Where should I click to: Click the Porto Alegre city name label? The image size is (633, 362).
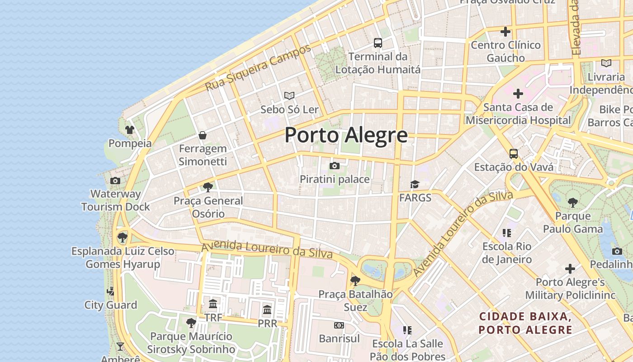346,135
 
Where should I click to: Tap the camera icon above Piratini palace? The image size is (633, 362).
335,166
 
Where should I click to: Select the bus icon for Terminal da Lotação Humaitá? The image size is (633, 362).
378,43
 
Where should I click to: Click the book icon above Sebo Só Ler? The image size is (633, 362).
289,95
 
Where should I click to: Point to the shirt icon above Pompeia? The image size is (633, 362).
130,130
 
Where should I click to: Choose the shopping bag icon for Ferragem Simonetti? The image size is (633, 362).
203,135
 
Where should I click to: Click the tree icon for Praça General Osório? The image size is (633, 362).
208,187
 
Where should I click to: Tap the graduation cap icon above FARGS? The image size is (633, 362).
415,184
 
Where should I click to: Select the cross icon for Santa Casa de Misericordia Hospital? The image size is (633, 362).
518,94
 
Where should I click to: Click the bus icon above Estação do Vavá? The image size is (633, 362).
514,154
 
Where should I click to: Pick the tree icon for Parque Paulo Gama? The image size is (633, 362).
573,202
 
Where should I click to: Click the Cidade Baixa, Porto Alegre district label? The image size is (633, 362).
526,323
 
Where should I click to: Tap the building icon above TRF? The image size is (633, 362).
213,304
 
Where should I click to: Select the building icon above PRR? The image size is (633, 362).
267,310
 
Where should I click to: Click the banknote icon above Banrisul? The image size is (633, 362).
339,325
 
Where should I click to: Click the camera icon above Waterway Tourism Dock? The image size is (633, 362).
115,181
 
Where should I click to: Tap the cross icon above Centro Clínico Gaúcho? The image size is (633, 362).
505,32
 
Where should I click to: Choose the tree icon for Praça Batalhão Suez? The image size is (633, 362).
355,281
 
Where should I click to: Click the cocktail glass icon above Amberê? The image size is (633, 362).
120,347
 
